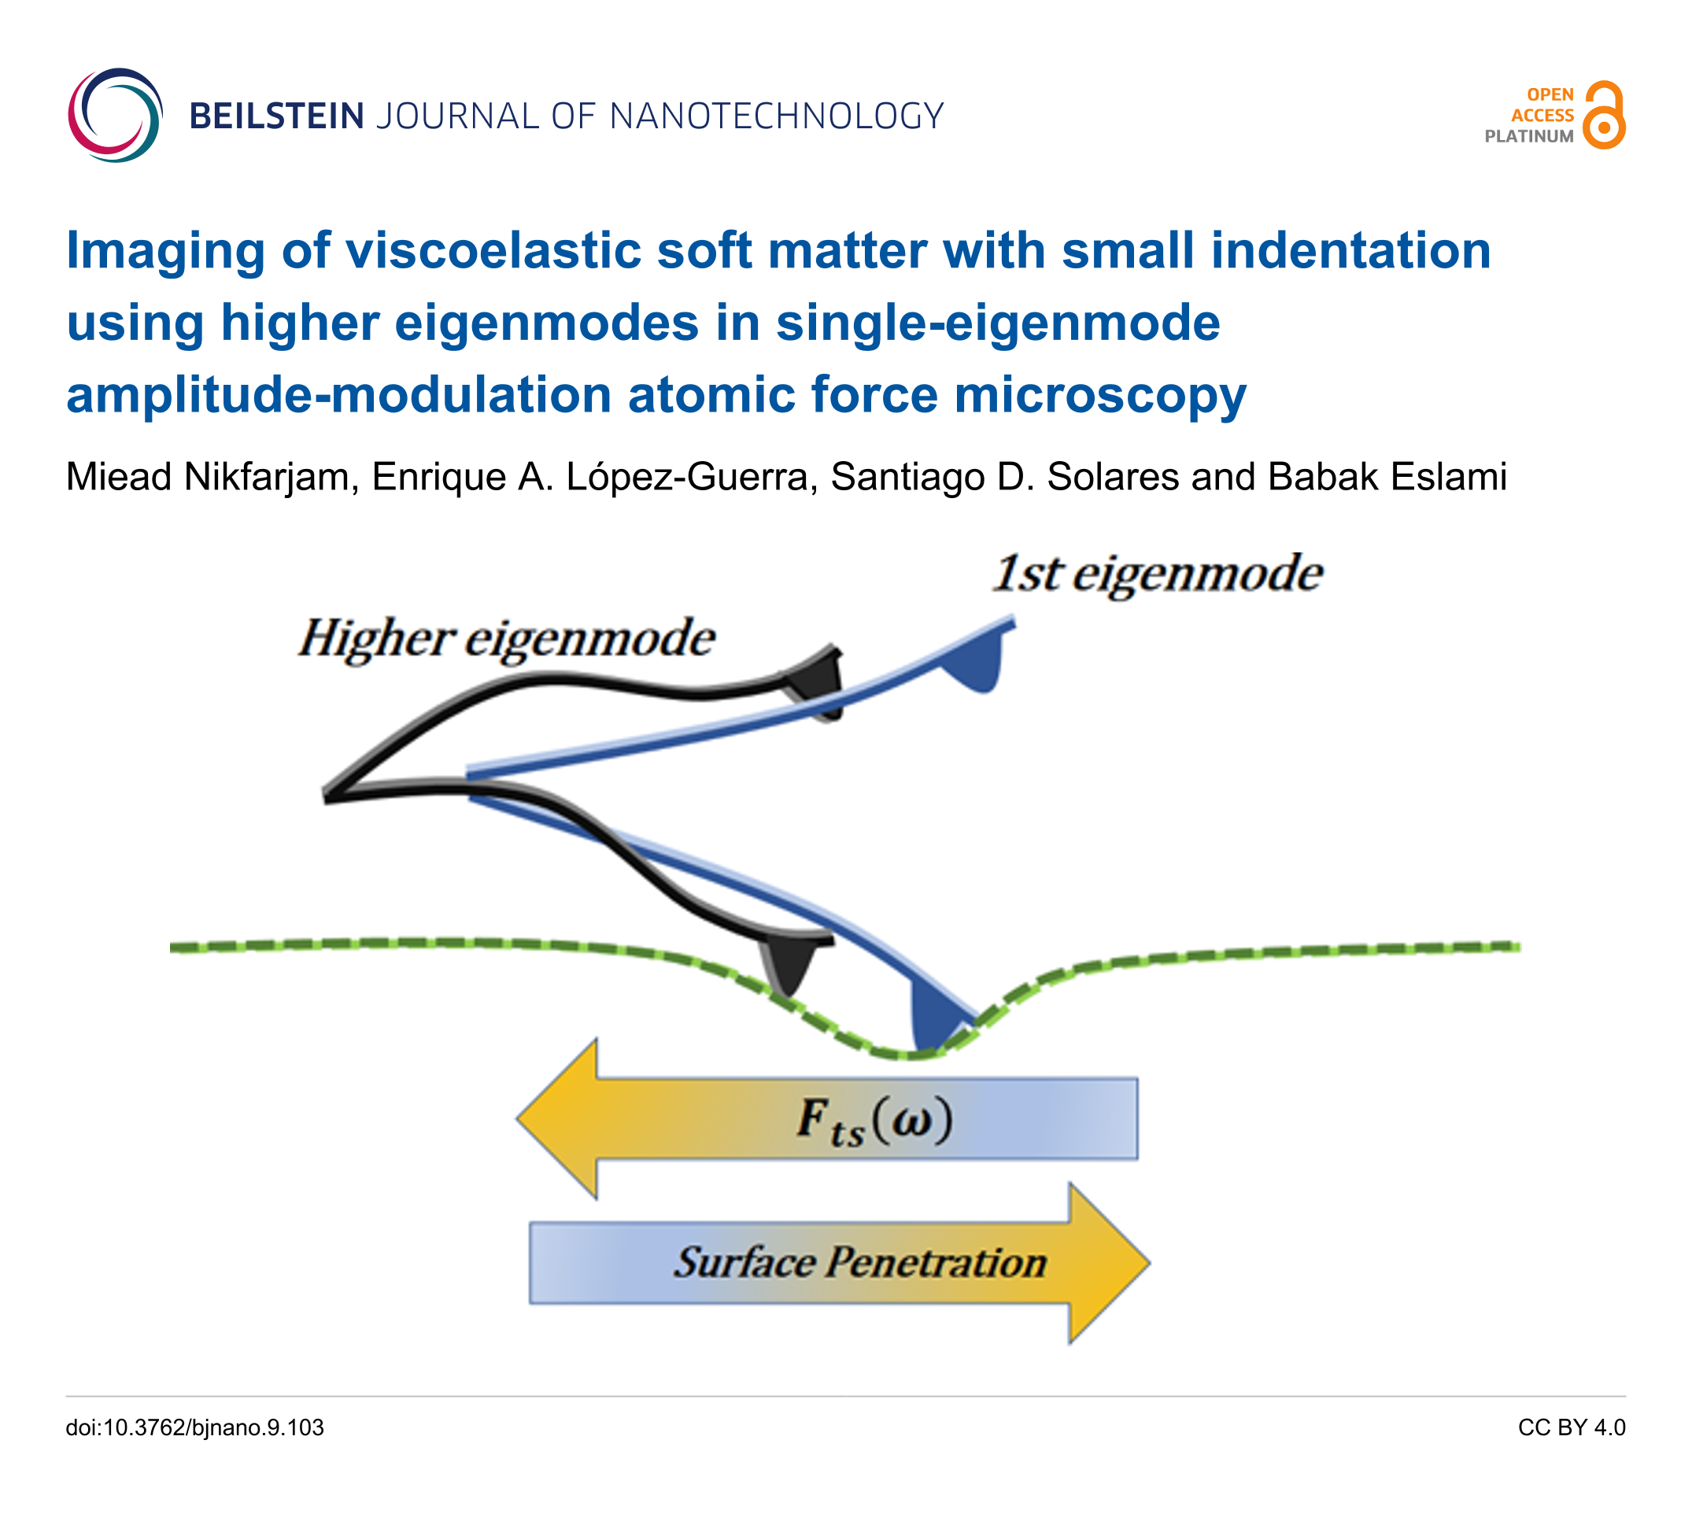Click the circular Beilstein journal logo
click(115, 115)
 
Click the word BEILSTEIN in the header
click(276, 116)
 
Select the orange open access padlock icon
click(1603, 116)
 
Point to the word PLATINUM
click(1528, 136)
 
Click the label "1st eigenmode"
click(1157, 574)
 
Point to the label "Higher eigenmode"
click(507, 639)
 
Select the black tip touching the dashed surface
click(790, 965)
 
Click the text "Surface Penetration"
click(860, 1263)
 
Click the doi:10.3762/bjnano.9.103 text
click(194, 1427)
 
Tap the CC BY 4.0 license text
click(1571, 1427)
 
